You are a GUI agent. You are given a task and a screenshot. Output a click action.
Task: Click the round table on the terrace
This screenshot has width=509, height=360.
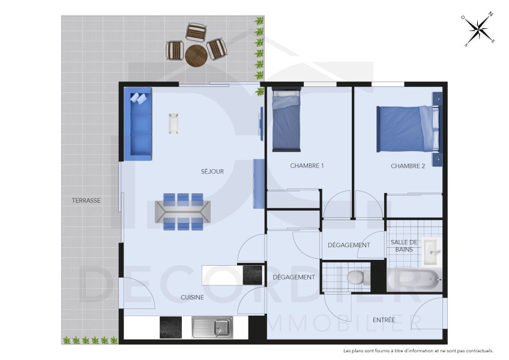(x=196, y=56)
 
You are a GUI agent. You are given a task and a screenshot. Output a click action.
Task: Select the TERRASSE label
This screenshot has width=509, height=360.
(x=86, y=200)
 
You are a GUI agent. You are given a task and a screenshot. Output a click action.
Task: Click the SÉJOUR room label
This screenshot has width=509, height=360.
(x=212, y=172)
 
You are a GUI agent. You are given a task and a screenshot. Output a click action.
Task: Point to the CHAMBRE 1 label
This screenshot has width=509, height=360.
(x=307, y=166)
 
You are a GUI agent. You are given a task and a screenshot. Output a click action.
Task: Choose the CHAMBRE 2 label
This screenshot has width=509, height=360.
(x=408, y=166)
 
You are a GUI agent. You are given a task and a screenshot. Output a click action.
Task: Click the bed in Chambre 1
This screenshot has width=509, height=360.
(x=286, y=119)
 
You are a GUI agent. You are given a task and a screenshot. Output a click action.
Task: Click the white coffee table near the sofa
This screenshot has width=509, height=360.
(x=174, y=124)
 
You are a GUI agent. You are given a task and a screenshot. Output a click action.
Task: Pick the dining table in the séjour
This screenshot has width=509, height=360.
(x=183, y=212)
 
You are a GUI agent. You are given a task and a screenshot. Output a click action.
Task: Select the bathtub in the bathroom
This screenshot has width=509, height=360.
(x=414, y=278)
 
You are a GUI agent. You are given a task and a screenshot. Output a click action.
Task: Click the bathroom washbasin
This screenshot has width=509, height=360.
(x=432, y=252)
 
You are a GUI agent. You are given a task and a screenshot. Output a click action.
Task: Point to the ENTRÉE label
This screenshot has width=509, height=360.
(x=384, y=320)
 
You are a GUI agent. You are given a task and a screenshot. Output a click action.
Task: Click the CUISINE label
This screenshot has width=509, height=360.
(x=192, y=297)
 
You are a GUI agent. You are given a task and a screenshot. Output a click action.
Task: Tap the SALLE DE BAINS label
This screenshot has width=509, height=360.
(x=404, y=245)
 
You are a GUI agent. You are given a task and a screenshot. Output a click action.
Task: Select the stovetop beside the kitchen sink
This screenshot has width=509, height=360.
(x=171, y=328)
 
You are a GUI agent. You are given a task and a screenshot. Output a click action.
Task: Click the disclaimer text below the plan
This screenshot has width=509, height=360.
(x=418, y=350)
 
